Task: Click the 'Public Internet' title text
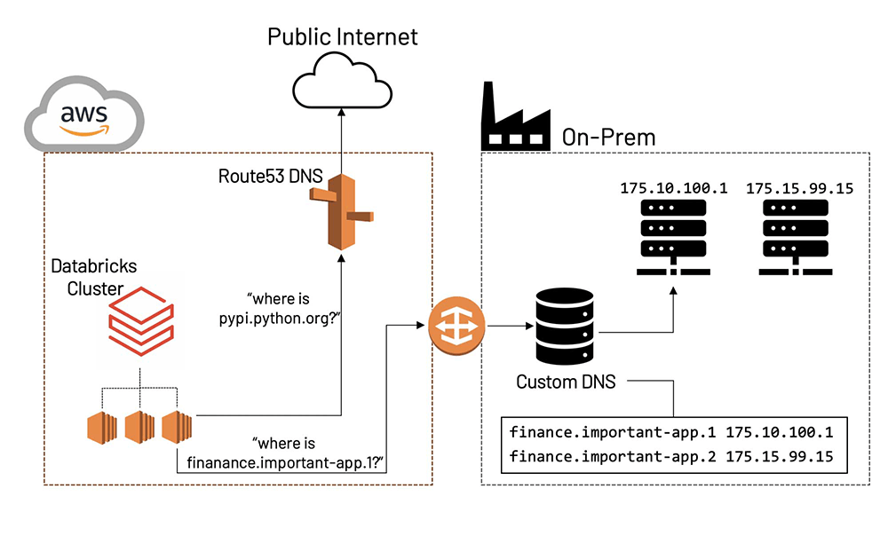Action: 343,36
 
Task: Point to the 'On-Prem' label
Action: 608,137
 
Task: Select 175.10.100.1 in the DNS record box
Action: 780,434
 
